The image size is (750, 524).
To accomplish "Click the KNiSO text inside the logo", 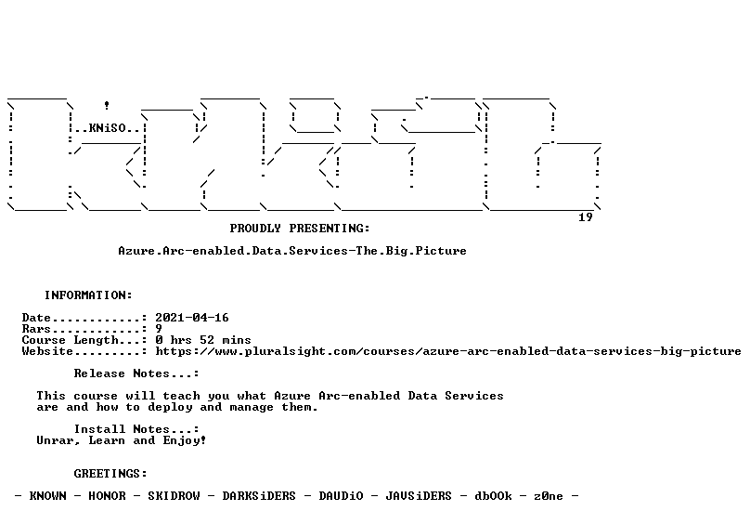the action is point(107,128).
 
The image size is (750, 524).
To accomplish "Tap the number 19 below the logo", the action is point(586,217).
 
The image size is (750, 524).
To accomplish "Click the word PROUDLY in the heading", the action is point(255,229).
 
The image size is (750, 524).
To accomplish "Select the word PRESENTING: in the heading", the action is point(330,229).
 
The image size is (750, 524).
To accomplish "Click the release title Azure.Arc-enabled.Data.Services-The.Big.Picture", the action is point(292,251).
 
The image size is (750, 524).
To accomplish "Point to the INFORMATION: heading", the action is point(88,295).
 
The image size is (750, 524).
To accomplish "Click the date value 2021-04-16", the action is point(192,318).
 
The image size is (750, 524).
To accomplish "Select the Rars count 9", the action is point(159,329).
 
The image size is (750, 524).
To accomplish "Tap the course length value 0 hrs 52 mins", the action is point(203,340).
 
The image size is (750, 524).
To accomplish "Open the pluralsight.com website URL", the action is point(448,351).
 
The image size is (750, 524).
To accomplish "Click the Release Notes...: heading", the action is point(136,373).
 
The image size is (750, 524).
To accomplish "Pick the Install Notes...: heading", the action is point(136,429).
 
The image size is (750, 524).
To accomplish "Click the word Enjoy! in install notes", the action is point(184,440).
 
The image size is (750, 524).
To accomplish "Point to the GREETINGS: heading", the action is point(110,474).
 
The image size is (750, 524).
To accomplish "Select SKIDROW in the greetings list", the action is point(174,496).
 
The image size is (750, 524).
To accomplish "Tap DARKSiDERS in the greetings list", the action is point(259,496).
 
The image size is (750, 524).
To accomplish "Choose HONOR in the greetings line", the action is point(107,496).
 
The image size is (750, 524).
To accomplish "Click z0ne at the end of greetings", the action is point(549,496).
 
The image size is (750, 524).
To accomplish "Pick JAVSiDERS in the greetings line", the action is point(419,496).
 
